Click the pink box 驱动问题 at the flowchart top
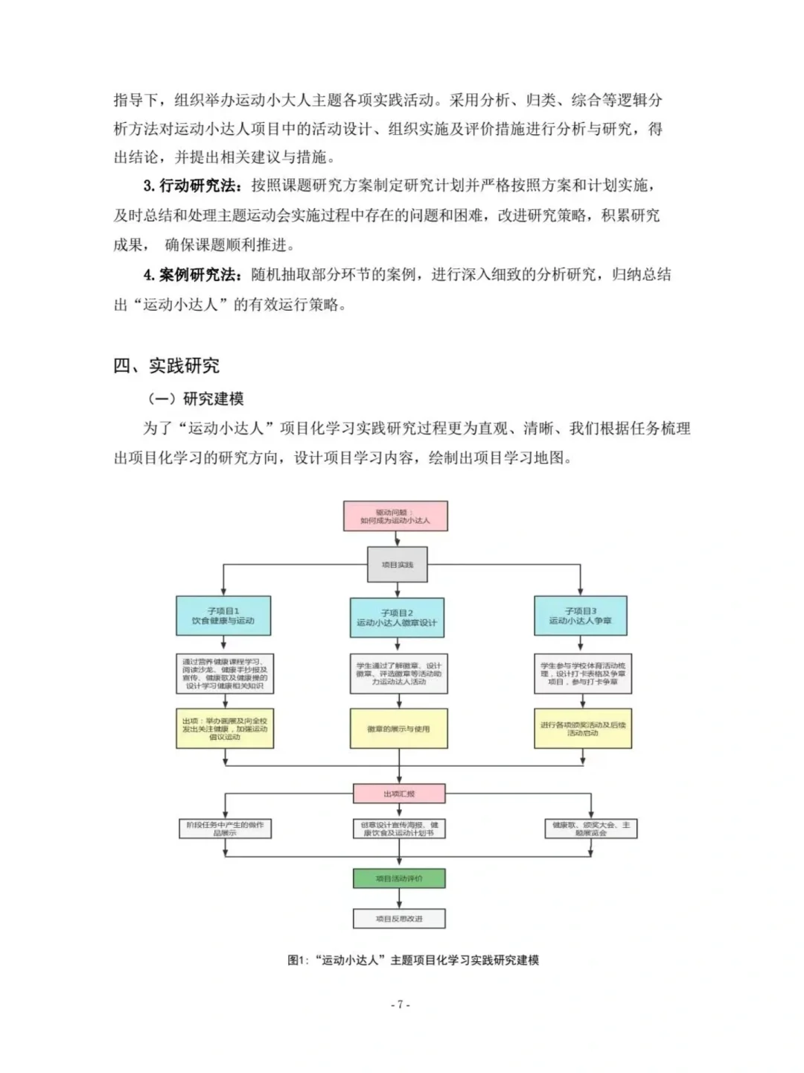pyautogui.click(x=395, y=516)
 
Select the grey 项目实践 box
pyautogui.click(x=398, y=564)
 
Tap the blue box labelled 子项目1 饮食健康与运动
pyautogui.click(x=223, y=615)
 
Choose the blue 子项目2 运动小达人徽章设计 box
pyautogui.click(x=397, y=618)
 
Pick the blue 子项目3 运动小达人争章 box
pyautogui.click(x=581, y=615)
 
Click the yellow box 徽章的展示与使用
pyautogui.click(x=398, y=728)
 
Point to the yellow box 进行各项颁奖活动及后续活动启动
pyautogui.click(x=583, y=728)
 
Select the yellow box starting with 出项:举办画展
pyautogui.click(x=225, y=728)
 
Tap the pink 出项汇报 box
pyautogui.click(x=399, y=794)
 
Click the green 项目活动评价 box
pyautogui.click(x=399, y=879)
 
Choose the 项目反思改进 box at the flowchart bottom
pyautogui.click(x=399, y=919)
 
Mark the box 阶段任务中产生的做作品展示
pyautogui.click(x=225, y=829)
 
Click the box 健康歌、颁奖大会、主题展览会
pyautogui.click(x=591, y=829)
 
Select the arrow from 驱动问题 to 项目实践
pyautogui.click(x=397, y=539)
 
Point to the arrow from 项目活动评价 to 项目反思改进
pyautogui.click(x=399, y=899)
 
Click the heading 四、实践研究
pyautogui.click(x=166, y=366)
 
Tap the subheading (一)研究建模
pyautogui.click(x=196, y=399)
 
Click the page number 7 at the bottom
pyautogui.click(x=401, y=1004)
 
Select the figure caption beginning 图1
pyautogui.click(x=413, y=960)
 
